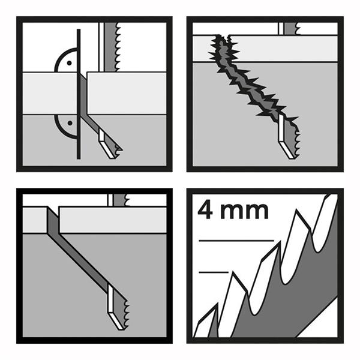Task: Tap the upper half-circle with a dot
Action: point(66,61)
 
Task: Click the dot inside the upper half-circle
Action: point(69,63)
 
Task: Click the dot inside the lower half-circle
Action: point(70,123)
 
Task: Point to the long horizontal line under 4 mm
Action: point(236,241)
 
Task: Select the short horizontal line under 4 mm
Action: point(214,272)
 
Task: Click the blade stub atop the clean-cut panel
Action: point(119,200)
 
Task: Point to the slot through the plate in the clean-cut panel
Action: point(53,220)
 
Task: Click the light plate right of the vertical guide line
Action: point(127,93)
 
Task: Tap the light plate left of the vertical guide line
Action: point(50,93)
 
